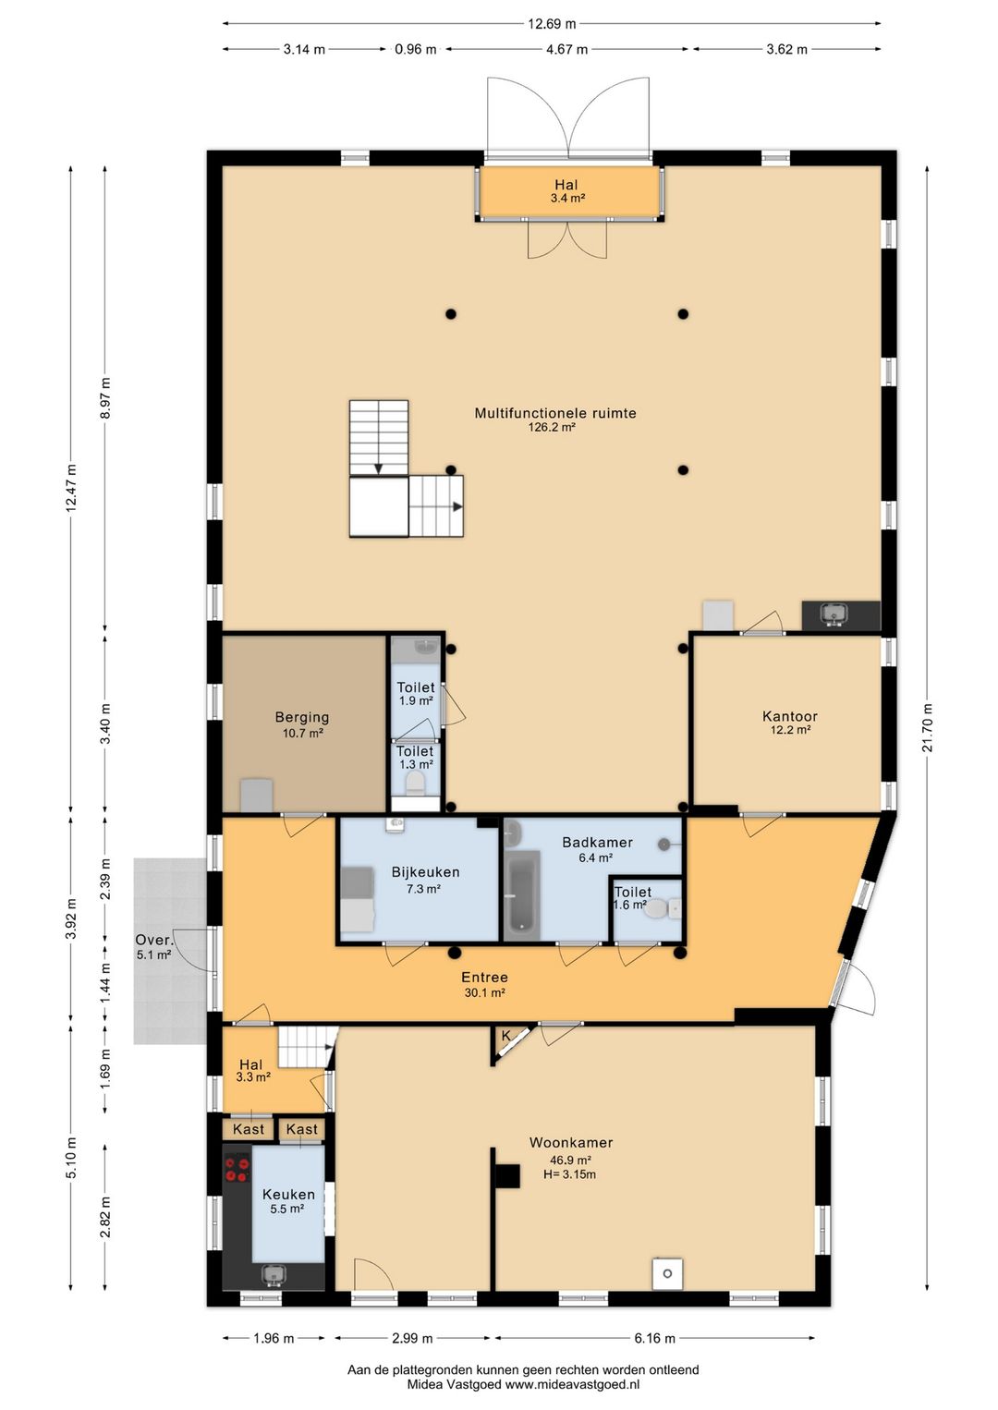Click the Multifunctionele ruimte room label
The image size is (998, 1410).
click(554, 414)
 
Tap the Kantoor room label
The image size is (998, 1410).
click(789, 716)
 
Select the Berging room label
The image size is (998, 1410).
click(301, 718)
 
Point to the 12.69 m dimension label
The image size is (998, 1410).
click(551, 24)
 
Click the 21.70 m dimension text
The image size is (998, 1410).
click(928, 727)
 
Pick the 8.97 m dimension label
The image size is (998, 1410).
click(105, 398)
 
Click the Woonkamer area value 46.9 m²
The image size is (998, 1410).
click(570, 1161)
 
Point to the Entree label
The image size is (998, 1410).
click(484, 978)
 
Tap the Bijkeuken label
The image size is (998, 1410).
click(425, 872)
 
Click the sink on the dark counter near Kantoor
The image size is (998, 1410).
click(834, 613)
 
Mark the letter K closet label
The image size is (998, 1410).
click(505, 1036)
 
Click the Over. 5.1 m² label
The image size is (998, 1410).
click(154, 947)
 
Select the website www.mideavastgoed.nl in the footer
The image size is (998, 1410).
click(572, 1385)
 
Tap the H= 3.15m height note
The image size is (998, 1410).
click(569, 1174)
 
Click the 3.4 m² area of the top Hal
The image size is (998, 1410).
click(566, 199)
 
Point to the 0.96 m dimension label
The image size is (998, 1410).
click(415, 49)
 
